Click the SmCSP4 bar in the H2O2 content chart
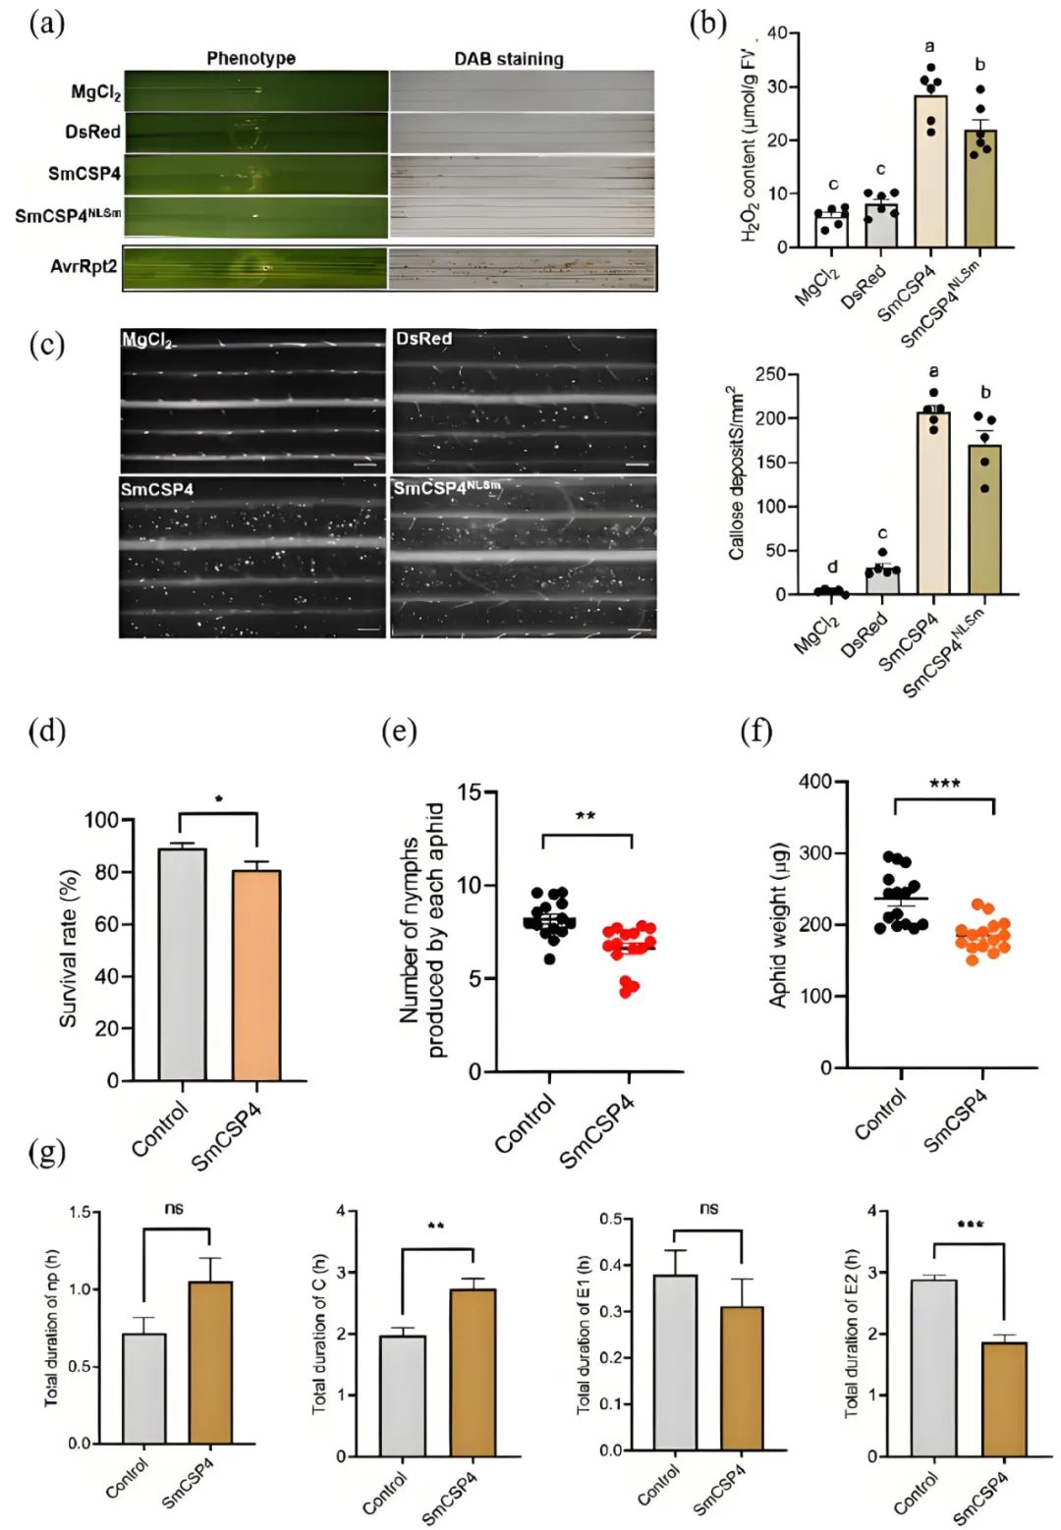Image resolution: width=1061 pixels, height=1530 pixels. coord(930,172)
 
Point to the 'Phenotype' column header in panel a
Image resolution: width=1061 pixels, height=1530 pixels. coord(251,58)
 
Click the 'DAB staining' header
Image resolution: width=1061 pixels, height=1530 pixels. coord(508,59)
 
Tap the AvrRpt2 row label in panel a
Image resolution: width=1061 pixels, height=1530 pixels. coord(84,266)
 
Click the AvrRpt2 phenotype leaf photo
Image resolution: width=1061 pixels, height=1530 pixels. coord(256,268)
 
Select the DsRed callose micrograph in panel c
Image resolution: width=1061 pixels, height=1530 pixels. coord(525,402)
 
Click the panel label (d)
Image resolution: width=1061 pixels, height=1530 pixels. coord(46,732)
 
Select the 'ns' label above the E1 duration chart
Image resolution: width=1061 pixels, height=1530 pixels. coord(708,1209)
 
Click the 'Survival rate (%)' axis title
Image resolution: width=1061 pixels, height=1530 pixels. coord(69,949)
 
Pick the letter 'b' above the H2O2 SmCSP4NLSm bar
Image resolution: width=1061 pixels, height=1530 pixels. coord(979,65)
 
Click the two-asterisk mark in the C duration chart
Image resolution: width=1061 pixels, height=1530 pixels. coord(437,1227)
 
